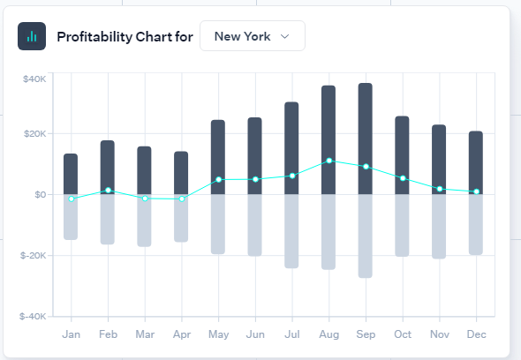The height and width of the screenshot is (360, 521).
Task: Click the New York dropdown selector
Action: coord(253,36)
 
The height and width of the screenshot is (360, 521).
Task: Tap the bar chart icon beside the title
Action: coord(32,36)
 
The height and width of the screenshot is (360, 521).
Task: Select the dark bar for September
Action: coord(366,139)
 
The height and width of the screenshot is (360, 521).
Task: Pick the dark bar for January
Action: coord(71,174)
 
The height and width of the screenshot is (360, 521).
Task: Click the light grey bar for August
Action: coord(328,232)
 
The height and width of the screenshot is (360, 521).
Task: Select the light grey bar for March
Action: coord(144,221)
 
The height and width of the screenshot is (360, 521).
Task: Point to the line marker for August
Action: coord(329,161)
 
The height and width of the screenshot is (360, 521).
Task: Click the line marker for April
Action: coord(182,199)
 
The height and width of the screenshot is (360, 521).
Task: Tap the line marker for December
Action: coord(477,191)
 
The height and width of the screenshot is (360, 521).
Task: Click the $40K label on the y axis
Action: coord(34,79)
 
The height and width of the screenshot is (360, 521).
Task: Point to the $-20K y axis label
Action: coord(34,255)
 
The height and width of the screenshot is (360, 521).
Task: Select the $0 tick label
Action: coord(41,195)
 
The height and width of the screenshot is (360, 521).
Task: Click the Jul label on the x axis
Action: coord(292,334)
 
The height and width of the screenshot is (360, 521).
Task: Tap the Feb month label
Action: coord(108,334)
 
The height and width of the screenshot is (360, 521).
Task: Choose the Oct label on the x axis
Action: coord(403,334)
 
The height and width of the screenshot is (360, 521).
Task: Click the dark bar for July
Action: coord(291,148)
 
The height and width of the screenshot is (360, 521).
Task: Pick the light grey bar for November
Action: coord(439,227)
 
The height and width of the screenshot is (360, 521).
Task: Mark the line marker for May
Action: coord(219,180)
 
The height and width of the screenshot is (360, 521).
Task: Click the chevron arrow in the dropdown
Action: coord(284,36)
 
